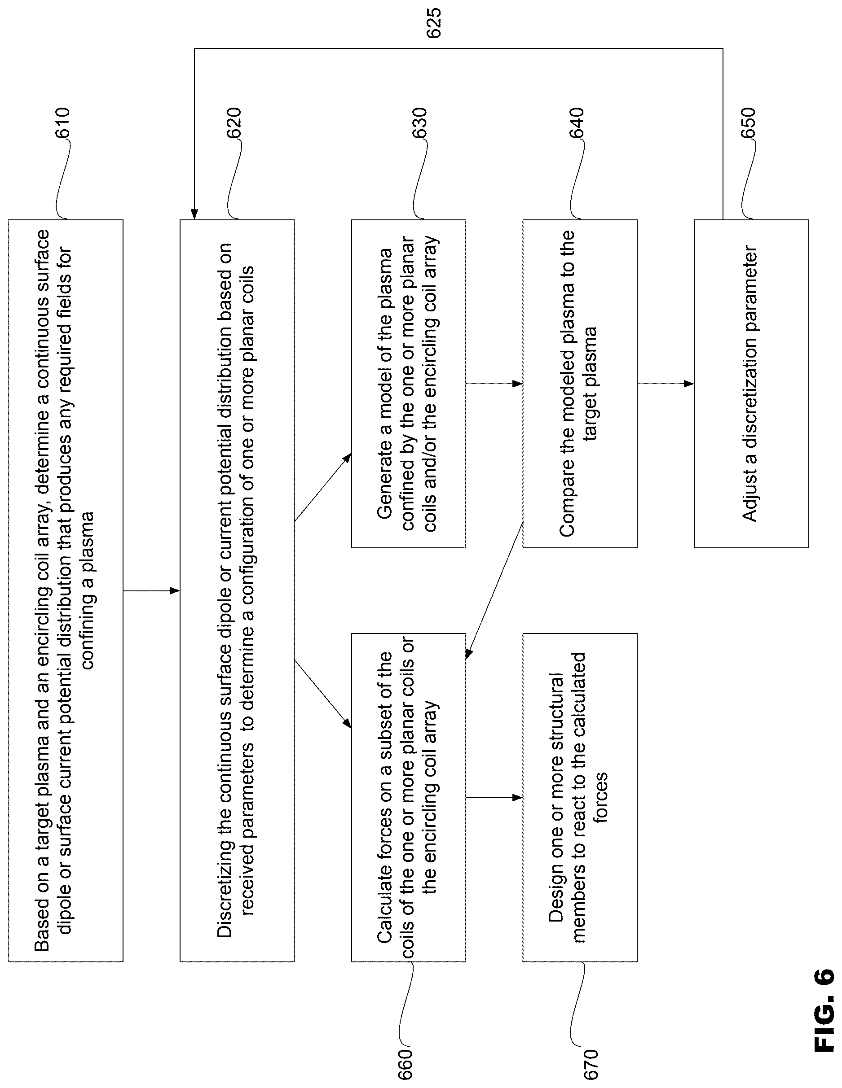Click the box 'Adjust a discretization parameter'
pyautogui.click(x=751, y=384)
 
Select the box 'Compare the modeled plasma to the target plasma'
pyautogui.click(x=580, y=384)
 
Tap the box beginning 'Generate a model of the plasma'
pyautogui.click(x=408, y=384)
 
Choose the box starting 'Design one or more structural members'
pyautogui.click(x=580, y=798)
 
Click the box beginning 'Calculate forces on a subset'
pyautogui.click(x=408, y=798)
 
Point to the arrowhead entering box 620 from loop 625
pyautogui.click(x=194, y=215)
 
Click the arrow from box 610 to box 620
pyautogui.click(x=151, y=591)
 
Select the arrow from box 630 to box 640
pyautogui.click(x=494, y=384)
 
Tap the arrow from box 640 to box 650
pyautogui.click(x=666, y=384)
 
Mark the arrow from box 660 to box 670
pyautogui.click(x=494, y=798)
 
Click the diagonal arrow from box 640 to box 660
pyautogui.click(x=494, y=590)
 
